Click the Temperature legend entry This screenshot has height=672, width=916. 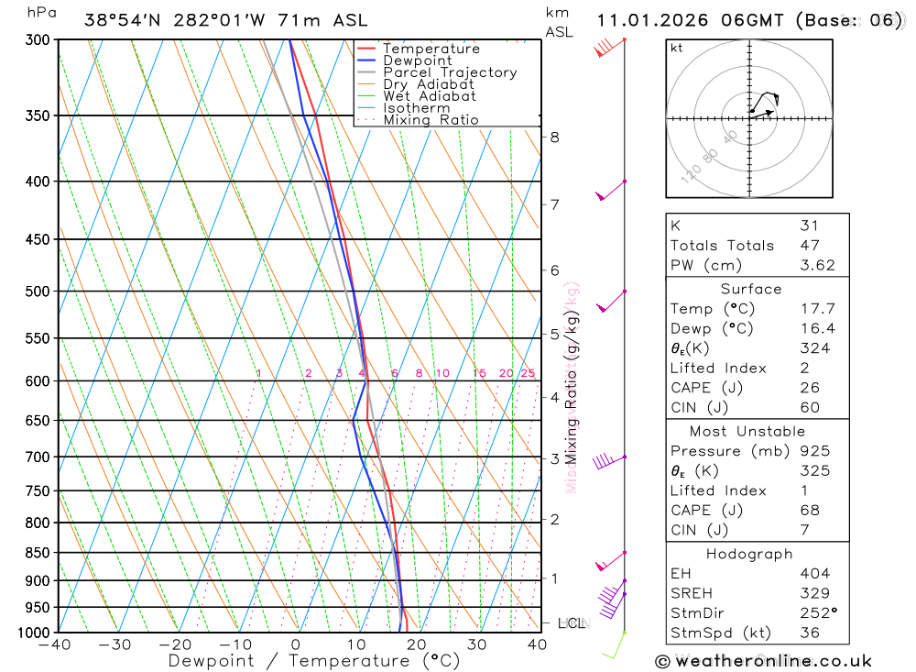431,49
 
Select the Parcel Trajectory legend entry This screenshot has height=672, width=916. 450,72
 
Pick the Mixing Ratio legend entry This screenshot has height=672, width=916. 431,120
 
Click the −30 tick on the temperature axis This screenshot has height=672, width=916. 115,644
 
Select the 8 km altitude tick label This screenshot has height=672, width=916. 554,138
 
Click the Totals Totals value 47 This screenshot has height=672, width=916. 809,245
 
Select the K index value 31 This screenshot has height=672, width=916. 809,226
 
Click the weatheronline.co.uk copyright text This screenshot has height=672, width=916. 763,660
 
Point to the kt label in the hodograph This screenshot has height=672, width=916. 677,49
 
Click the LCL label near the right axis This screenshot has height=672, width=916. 572,623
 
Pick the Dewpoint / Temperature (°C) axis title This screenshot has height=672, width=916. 301,660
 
